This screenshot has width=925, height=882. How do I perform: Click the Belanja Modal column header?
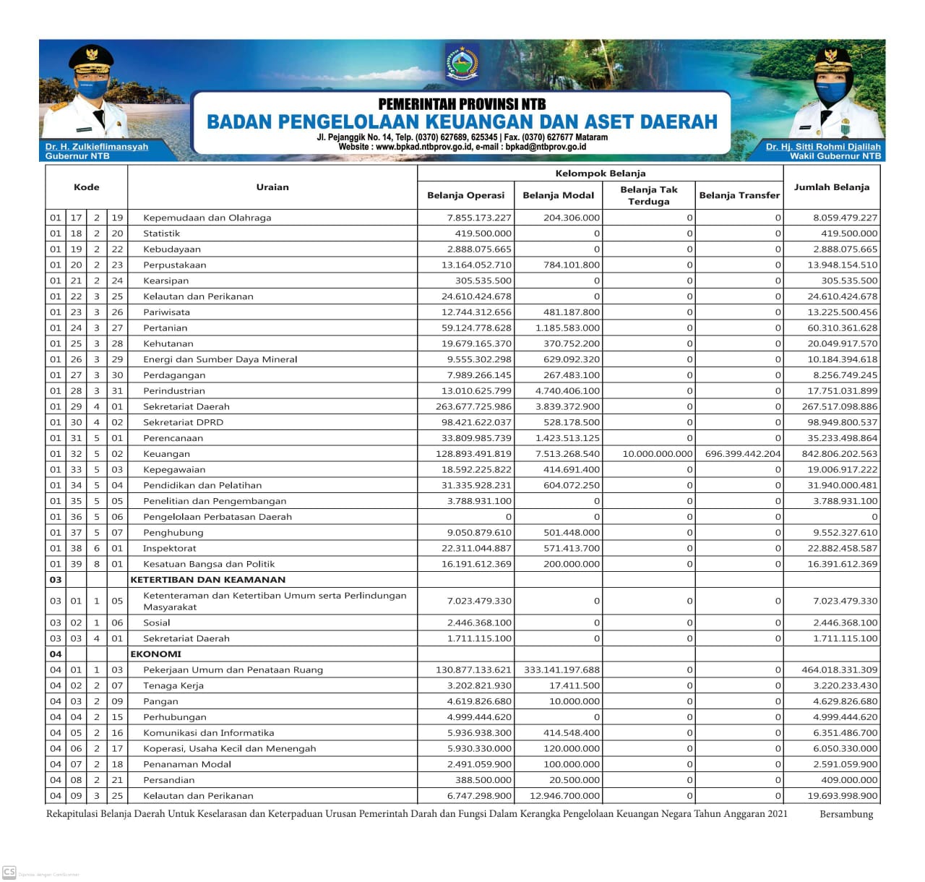click(558, 195)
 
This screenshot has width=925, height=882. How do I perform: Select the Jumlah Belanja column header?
click(831, 187)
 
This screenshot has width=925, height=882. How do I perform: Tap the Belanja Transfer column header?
click(739, 195)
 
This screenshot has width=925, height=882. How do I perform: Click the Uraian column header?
click(272, 187)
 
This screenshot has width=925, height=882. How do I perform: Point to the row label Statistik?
click(161, 234)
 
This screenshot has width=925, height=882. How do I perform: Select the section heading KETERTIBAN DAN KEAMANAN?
click(208, 580)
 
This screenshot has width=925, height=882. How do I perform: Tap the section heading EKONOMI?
click(156, 654)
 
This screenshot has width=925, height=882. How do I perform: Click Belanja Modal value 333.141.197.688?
click(562, 670)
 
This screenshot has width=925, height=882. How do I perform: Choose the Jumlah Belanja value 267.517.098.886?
click(840, 407)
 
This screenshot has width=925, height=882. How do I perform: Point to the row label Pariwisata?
click(166, 312)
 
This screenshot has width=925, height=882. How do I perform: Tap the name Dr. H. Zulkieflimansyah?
click(96, 147)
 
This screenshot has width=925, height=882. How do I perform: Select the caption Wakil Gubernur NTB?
click(835, 156)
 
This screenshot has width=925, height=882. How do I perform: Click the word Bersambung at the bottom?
click(846, 815)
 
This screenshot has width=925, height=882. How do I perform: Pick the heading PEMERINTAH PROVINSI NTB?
click(462, 104)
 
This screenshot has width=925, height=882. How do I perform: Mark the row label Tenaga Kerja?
click(173, 686)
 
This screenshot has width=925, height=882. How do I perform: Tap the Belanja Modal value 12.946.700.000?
click(564, 796)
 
